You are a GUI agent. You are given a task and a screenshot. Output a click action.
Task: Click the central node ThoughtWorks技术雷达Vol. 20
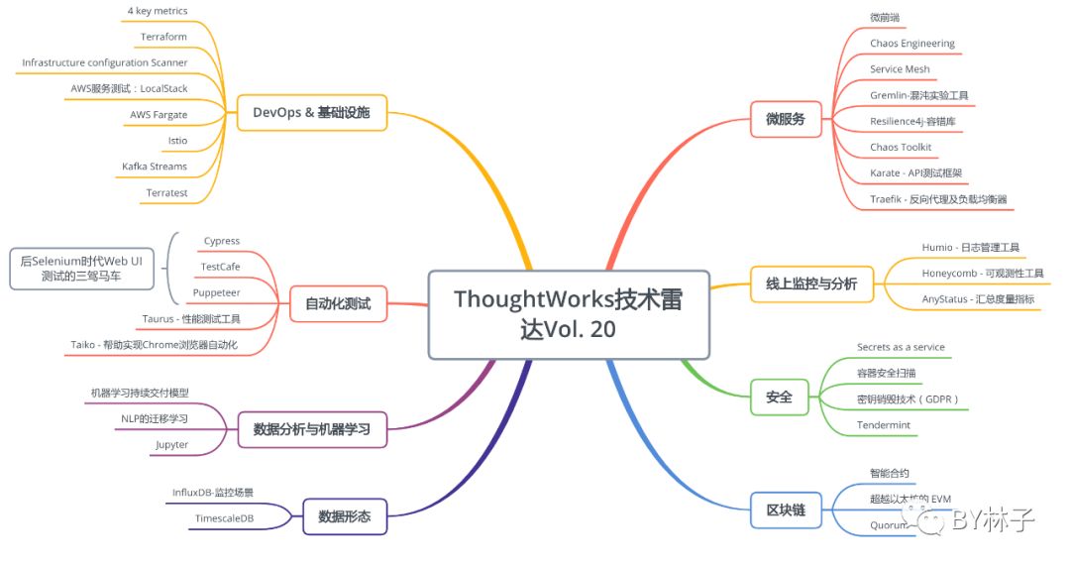[569, 313]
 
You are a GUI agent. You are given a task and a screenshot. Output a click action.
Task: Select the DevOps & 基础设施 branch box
[311, 113]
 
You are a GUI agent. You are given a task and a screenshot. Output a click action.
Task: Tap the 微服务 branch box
[785, 119]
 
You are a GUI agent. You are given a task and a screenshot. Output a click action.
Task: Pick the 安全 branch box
[779, 397]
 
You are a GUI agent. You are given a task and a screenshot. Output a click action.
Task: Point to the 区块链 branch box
[786, 511]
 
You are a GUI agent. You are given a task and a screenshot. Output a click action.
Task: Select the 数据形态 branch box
[345, 515]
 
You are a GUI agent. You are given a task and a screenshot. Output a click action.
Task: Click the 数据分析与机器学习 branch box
[311, 429]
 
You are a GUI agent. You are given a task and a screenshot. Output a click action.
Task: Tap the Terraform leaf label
[163, 37]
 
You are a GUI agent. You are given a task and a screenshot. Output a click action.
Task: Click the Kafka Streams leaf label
[155, 167]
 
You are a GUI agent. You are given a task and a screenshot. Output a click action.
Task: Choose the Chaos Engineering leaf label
[912, 44]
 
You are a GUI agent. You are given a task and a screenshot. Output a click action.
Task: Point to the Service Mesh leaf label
[900, 69]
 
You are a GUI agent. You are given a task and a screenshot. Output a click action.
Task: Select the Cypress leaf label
[221, 241]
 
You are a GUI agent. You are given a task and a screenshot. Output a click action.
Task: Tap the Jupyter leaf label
[171, 445]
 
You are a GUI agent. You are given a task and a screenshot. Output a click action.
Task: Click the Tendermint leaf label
[883, 425]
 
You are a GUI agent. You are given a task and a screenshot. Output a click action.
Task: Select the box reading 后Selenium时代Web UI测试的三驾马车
[82, 268]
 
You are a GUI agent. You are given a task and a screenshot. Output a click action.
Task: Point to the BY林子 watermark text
[991, 519]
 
